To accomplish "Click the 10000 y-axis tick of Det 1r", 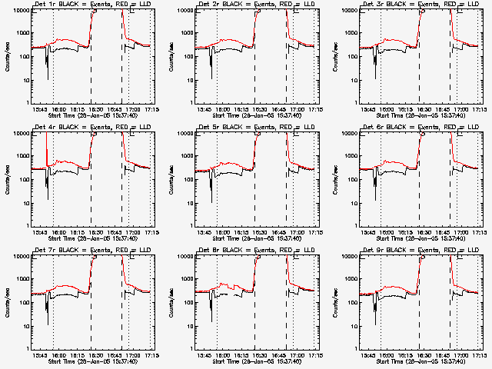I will click(x=21, y=11).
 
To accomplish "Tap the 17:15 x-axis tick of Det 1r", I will click(x=151, y=110).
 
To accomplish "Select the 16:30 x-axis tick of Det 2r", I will click(x=255, y=110).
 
